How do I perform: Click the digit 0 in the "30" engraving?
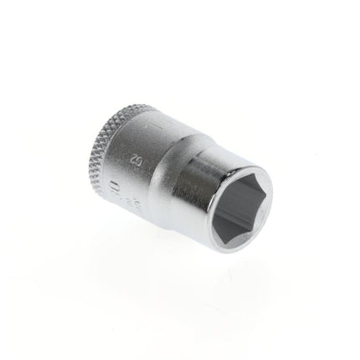(x=115, y=181)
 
